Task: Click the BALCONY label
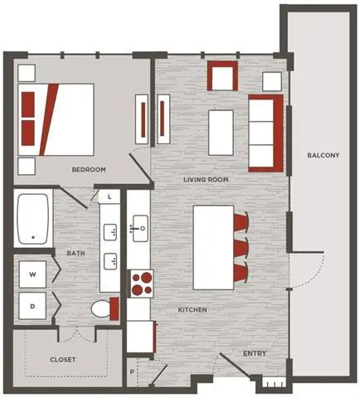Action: point(323,155)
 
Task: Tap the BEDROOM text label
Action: point(89,169)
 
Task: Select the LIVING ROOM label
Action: point(206,180)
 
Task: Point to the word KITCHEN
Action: point(192,309)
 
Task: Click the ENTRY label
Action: point(255,353)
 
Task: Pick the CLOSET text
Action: point(62,360)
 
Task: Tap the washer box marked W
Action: point(32,274)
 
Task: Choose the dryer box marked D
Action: point(32,306)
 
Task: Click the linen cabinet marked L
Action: point(109,197)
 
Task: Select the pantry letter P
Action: point(132,372)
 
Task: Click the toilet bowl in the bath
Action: point(100,308)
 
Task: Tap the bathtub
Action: point(33,219)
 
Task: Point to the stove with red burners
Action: point(140,284)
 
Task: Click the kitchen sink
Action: point(140,229)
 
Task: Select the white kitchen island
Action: point(213,247)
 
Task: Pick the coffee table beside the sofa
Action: point(221,133)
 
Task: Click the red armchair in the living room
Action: point(222,75)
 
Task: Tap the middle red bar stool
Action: point(241,248)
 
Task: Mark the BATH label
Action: point(75,253)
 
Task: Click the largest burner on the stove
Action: point(146,277)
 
